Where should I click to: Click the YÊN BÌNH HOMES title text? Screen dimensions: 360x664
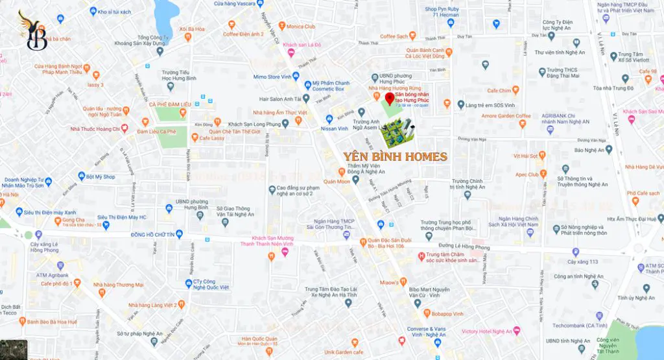click(395, 156)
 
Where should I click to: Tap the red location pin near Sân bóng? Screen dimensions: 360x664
click(389, 99)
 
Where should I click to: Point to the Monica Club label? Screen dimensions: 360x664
click(300, 27)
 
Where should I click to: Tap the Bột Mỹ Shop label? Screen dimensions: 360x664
click(101, 176)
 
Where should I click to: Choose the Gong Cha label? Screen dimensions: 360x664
click(74, 220)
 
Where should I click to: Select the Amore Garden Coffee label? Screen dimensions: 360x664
click(506, 116)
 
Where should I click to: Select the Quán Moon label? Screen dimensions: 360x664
click(337, 182)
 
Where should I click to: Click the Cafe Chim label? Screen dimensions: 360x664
click(499, 91)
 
